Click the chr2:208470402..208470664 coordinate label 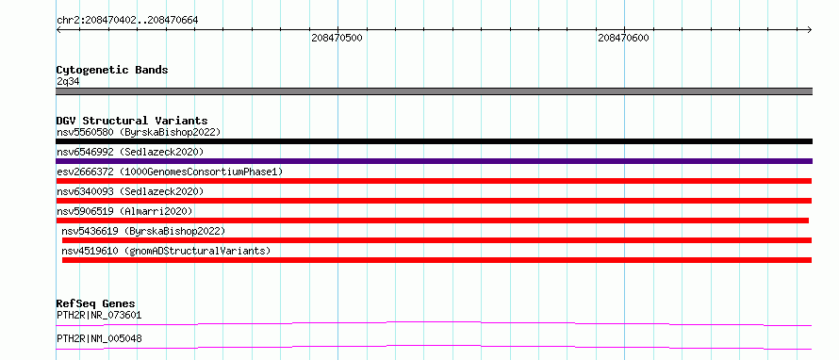127,21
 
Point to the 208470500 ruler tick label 337,38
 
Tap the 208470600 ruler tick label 623,38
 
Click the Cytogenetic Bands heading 112,70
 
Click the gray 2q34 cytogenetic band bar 434,91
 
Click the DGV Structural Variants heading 132,121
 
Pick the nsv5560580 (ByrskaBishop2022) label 139,132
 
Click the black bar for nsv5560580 434,141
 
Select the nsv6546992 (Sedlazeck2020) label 130,152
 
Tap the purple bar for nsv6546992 434,161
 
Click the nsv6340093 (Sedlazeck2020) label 130,191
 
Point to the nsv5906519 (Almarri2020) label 124,211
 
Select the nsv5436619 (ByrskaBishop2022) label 143,231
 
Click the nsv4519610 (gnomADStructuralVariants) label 166,251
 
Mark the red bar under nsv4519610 436,260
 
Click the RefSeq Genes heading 95,304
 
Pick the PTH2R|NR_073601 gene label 99,316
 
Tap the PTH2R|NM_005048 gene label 99,338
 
